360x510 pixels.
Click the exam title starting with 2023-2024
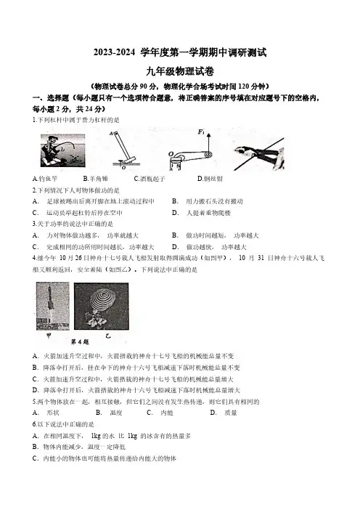click(180, 53)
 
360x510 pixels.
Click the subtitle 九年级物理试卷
click(180, 71)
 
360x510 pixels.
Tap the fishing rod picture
click(62, 150)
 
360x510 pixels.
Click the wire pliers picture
click(259, 154)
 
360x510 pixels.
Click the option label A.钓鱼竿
click(45, 179)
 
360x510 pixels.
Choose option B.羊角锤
click(95, 179)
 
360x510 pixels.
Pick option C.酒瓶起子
click(150, 179)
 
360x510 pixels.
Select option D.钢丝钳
click(210, 179)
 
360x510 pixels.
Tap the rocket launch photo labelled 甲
click(53, 306)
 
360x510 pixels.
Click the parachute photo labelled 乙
click(102, 306)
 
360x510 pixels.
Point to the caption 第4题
click(80, 342)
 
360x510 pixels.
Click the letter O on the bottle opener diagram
click(171, 153)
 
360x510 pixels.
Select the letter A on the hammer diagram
click(111, 134)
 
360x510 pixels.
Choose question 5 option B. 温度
click(109, 413)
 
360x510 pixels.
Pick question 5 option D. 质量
click(224, 413)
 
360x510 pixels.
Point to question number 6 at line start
click(34, 424)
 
